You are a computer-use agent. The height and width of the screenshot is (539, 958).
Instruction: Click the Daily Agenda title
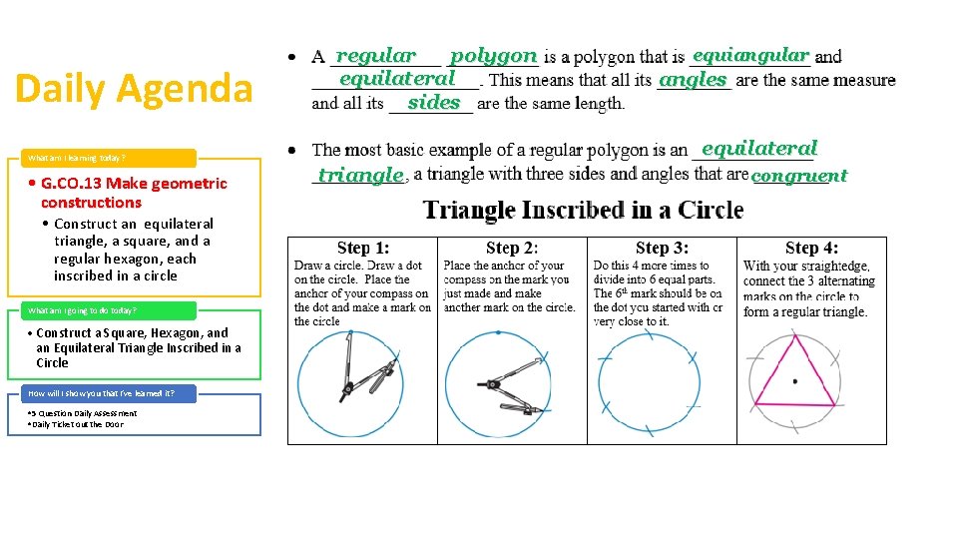coord(134,88)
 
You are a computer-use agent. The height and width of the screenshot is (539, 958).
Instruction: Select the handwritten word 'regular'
coord(376,56)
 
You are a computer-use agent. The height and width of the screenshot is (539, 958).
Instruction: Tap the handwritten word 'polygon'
coord(493,56)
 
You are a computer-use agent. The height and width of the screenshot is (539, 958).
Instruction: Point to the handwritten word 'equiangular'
coord(750,55)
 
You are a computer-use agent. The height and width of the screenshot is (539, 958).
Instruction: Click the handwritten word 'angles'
coord(694,80)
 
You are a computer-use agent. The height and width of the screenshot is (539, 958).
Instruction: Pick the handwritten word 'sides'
coord(434,102)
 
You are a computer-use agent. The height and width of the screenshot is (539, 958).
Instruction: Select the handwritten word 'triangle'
coord(360,175)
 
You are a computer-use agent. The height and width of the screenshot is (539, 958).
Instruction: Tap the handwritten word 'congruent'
coord(798,176)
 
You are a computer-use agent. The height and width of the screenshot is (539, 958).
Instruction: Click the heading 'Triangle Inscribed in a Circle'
coord(584,210)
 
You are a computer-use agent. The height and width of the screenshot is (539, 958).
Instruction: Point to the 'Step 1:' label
coord(363,249)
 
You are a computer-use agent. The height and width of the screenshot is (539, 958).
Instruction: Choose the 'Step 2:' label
coord(512,249)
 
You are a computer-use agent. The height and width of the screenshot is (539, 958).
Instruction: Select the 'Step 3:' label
coord(662,249)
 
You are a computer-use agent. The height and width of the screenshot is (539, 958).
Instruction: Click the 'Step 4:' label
coord(811,249)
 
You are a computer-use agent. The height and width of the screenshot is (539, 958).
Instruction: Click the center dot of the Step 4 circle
coord(794,381)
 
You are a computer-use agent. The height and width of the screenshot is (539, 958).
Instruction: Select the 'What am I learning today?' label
coord(78,158)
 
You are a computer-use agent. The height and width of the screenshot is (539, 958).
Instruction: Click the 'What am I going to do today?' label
coord(83,310)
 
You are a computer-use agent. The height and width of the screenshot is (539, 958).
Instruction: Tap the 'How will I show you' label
coord(101,393)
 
